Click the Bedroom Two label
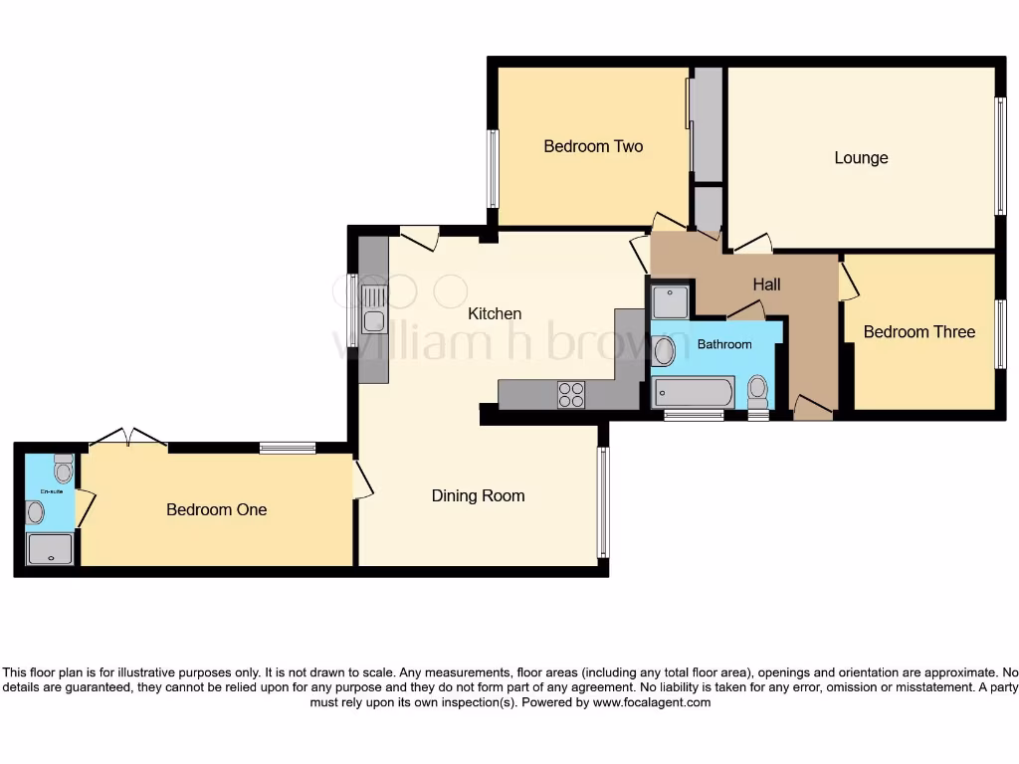point(593,146)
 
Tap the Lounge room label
point(861,158)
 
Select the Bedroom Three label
point(918,332)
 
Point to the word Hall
point(766,285)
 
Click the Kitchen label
point(495,314)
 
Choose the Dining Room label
point(478,495)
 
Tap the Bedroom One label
point(216,509)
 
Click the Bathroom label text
point(723,344)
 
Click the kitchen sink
point(374,307)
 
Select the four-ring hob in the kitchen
point(571,395)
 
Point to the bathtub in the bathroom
point(694,393)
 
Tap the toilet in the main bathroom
point(758,390)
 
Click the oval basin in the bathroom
point(663,350)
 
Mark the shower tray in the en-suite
point(50,549)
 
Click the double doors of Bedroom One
point(127,438)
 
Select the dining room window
point(602,502)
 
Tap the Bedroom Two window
point(492,169)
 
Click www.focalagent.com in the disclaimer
point(653,702)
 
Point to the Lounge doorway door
point(750,244)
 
